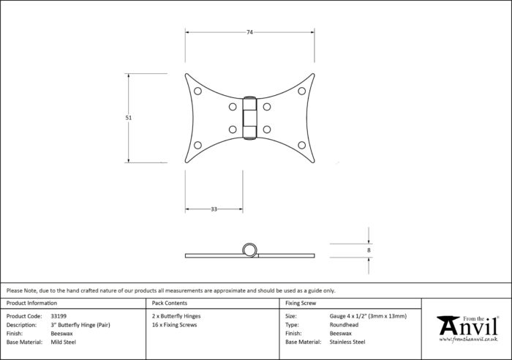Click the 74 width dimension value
(x=249, y=32)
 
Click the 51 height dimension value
(x=128, y=118)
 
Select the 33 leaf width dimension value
(x=214, y=209)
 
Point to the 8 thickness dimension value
(x=369, y=250)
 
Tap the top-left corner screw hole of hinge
(x=197, y=91)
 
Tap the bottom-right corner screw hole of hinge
(x=301, y=145)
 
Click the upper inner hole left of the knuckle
(x=233, y=107)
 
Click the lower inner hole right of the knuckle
(x=267, y=130)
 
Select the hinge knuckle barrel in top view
(x=250, y=118)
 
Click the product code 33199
(x=59, y=316)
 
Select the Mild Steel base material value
(x=64, y=342)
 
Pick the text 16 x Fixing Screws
(x=174, y=325)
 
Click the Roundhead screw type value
(x=344, y=325)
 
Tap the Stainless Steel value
(x=347, y=342)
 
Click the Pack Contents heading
(x=170, y=303)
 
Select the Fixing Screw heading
(x=301, y=303)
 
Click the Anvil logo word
(x=468, y=326)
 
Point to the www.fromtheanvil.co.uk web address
(x=468, y=340)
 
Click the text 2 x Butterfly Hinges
(x=176, y=316)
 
